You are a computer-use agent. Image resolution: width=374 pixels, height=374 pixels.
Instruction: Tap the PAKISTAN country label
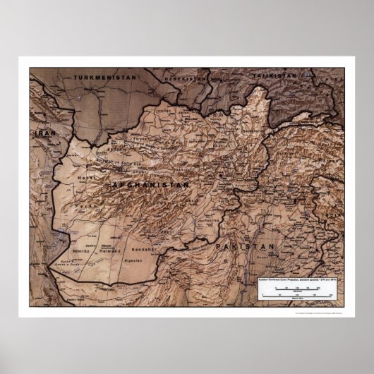[x=245, y=246]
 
